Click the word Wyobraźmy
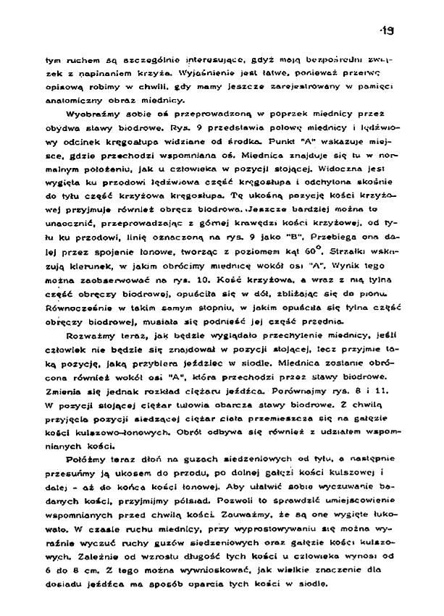click(x=89, y=114)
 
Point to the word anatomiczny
click(x=80, y=99)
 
